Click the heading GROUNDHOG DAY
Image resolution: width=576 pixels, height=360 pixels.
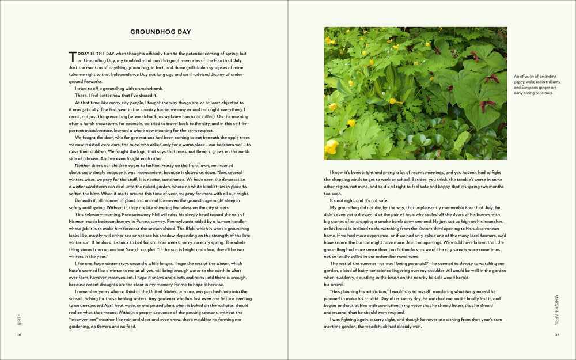point(161,32)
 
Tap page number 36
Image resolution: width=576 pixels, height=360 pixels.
point(19,335)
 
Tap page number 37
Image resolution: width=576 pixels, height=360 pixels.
point(557,335)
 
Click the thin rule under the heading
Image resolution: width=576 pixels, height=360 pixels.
point(161,39)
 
